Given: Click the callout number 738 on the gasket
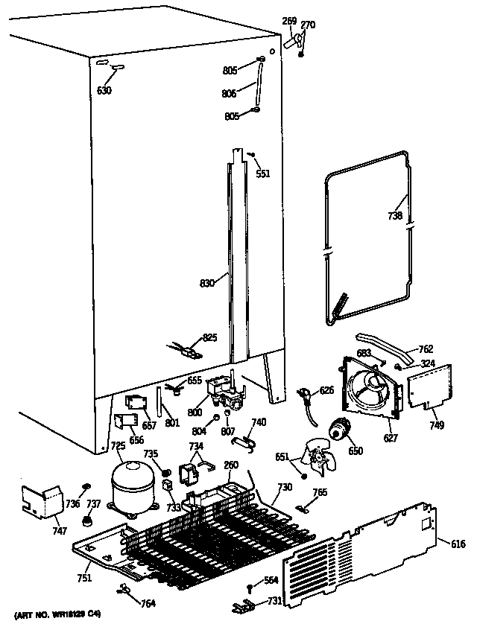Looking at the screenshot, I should pyautogui.click(x=395, y=216).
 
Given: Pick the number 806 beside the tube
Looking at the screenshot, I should pyautogui.click(x=229, y=93).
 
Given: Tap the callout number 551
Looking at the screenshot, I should pyautogui.click(x=263, y=174).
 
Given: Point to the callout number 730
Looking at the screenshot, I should pyautogui.click(x=283, y=487).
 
